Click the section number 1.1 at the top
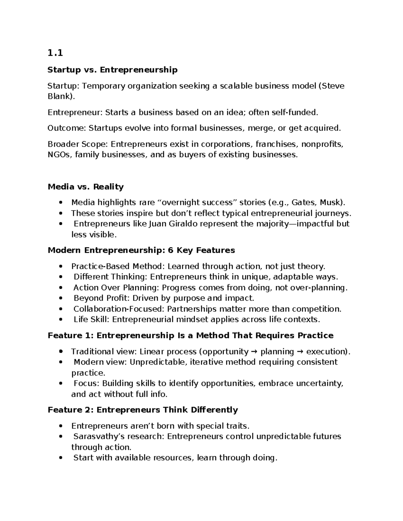55,53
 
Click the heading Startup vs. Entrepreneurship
113,70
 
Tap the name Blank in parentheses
59,96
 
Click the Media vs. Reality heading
86,187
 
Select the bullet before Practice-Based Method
60,267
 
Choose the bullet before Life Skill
60,320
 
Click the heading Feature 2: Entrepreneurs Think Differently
143,410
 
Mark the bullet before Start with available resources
60,458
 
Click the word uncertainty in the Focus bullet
319,383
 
